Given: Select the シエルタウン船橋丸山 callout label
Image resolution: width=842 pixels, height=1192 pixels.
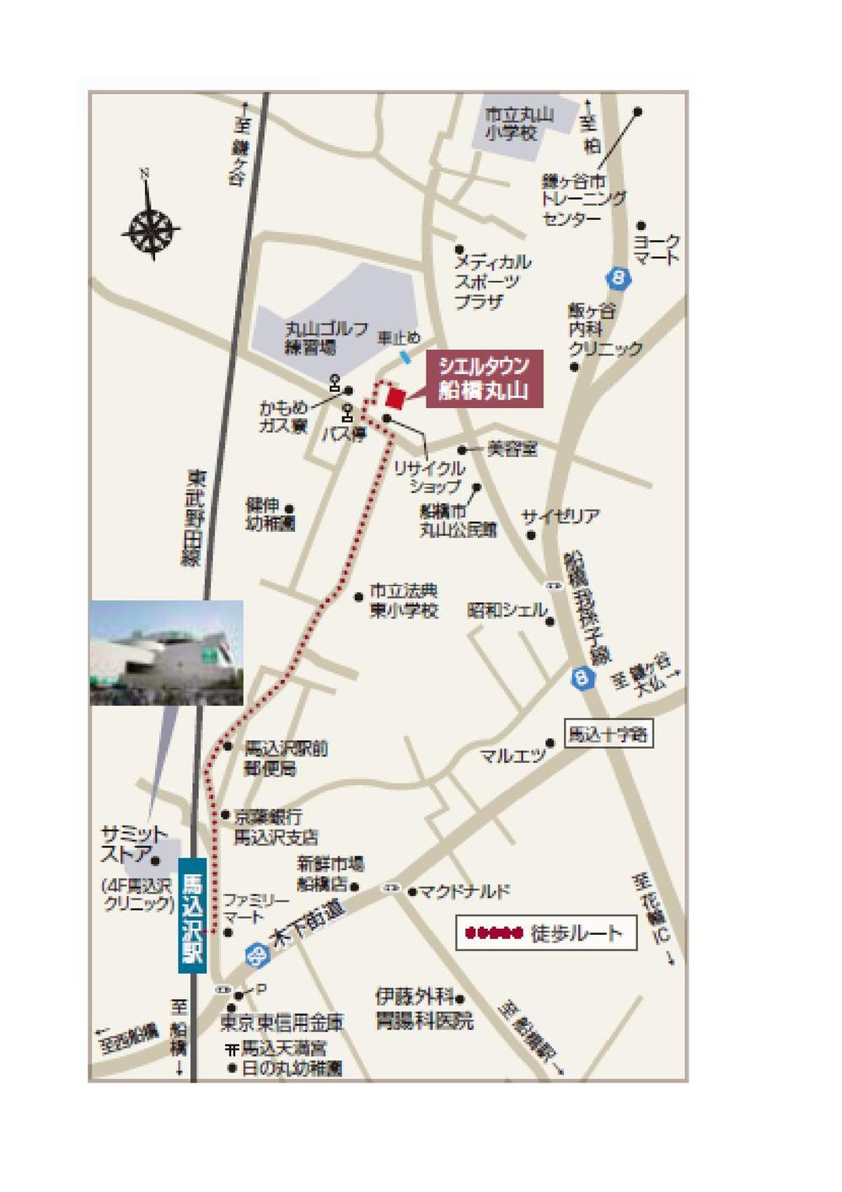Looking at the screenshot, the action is (484, 379).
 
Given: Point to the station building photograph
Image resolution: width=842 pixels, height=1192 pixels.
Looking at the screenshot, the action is (166, 652).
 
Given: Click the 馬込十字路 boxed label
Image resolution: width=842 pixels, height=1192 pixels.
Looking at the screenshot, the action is (608, 734).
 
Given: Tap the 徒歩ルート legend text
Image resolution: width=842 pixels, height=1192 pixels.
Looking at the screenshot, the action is (577, 933).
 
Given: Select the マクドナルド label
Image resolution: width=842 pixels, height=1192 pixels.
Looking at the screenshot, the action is (465, 891).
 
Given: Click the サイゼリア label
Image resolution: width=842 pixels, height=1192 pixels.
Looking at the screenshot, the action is (560, 516).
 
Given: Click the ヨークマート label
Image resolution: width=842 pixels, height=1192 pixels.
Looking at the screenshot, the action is (657, 249).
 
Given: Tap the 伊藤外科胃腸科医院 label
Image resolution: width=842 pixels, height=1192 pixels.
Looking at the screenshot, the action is (424, 1009).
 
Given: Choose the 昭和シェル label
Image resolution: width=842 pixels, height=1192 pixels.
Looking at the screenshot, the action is (507, 610).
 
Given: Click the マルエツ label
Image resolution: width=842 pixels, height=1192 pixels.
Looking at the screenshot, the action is (512, 755).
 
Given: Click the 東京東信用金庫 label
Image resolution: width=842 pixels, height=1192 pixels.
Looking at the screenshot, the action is (282, 1023).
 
